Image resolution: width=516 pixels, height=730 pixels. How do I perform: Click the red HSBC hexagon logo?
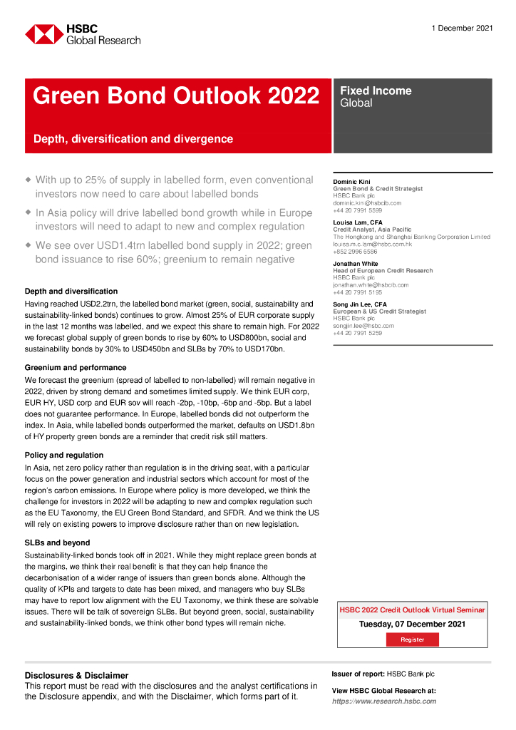[x=44, y=34]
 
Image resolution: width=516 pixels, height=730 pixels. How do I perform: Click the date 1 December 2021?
[x=462, y=28]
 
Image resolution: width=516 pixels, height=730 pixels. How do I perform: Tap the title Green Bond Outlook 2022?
[x=176, y=96]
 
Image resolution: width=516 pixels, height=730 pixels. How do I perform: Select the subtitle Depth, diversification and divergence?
[x=133, y=139]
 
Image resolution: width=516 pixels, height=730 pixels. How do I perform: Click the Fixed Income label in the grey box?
[x=376, y=91]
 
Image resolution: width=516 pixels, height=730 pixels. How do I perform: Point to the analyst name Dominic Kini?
[x=353, y=182]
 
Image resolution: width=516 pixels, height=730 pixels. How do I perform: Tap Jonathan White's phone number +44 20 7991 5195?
[x=357, y=292]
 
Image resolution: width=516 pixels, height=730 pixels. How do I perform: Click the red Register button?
[x=412, y=639]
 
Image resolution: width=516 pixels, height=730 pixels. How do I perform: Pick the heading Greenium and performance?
[x=76, y=367]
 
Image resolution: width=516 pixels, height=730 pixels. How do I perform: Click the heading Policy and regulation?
[x=64, y=455]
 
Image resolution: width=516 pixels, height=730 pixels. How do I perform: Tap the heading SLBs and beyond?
[x=58, y=543]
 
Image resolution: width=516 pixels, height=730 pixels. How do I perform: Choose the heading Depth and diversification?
[x=71, y=291]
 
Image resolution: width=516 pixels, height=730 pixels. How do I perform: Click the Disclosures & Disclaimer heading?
[x=77, y=675]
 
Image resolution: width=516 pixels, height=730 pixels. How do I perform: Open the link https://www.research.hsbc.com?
[x=384, y=701]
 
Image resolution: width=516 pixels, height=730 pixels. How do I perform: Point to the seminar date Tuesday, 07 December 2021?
[x=412, y=624]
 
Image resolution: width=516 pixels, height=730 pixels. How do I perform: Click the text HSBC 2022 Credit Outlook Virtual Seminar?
[x=412, y=610]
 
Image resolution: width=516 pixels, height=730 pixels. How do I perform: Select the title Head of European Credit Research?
[x=383, y=271]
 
